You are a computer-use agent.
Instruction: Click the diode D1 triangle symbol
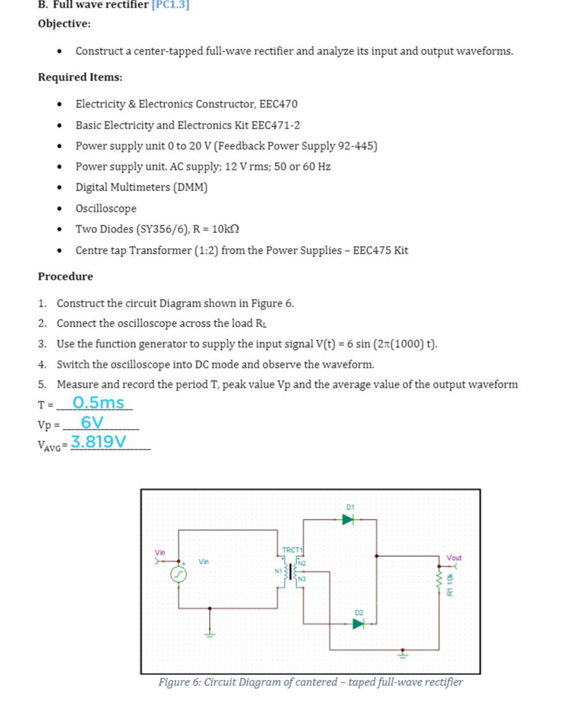348,520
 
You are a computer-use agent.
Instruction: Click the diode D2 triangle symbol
358,623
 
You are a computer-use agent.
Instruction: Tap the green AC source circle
179,573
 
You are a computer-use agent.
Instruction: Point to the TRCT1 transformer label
292,550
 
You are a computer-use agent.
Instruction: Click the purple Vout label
454,557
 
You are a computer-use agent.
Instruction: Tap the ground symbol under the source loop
210,634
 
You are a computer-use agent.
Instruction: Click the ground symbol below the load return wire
403,655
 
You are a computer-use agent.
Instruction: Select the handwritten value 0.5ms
98,403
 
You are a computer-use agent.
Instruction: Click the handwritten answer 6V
92,422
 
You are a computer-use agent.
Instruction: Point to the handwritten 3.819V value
98,441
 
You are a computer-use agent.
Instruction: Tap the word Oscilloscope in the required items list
106,208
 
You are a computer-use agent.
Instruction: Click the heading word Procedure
65,276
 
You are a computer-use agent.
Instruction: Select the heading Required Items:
80,77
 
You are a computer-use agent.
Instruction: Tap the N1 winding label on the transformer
279,571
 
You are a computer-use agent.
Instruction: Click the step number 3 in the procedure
43,344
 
